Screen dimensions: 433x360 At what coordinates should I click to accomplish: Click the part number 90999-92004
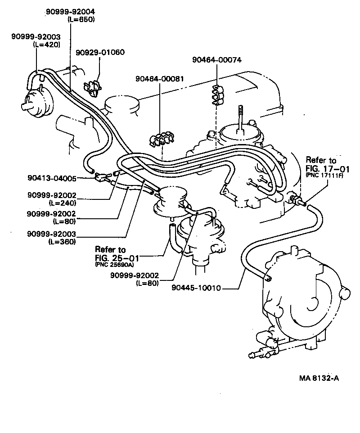click(70, 11)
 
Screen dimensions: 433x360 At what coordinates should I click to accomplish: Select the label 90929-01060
click(100, 52)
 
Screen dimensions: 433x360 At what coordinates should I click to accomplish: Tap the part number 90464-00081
click(159, 78)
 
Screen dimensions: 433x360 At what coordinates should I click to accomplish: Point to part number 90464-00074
click(216, 59)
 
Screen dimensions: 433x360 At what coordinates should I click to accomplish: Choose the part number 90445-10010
click(196, 288)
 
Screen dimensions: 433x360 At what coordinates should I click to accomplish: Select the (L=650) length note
click(81, 19)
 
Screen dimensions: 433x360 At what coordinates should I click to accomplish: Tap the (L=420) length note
click(47, 44)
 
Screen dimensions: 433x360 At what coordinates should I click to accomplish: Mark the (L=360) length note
click(62, 241)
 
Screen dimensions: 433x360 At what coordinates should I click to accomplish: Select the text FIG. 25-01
click(116, 257)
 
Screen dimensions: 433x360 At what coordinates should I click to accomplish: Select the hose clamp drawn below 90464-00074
click(218, 95)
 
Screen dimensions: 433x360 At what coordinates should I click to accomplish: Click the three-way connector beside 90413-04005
click(103, 178)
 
